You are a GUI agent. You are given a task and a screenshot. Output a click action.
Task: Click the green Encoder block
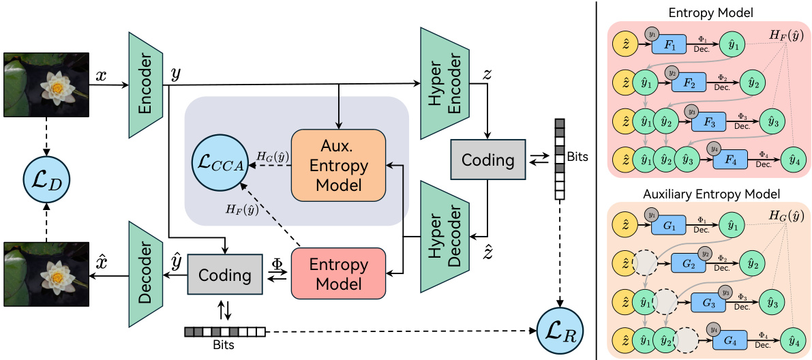(x=145, y=85)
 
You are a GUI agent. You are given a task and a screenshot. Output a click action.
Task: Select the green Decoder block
(x=145, y=275)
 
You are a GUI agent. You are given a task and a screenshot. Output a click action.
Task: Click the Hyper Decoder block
(x=440, y=235)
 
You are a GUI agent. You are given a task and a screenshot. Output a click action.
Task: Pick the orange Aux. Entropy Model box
(x=338, y=166)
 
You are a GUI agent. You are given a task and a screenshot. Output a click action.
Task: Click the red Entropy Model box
(x=338, y=273)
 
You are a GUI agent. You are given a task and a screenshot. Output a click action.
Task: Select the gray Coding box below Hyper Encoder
(x=487, y=160)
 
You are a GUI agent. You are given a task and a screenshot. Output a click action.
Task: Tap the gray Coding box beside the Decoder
(x=224, y=275)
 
